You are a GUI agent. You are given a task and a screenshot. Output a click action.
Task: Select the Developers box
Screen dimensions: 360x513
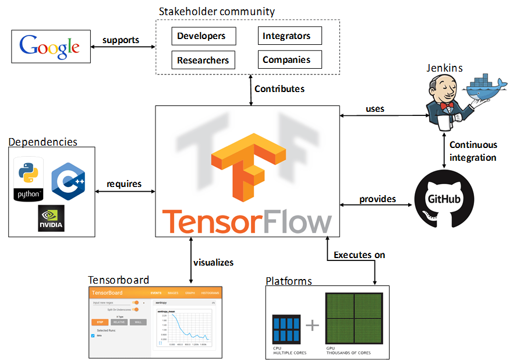click(204, 36)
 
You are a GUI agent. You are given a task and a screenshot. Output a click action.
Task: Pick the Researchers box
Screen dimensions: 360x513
click(204, 59)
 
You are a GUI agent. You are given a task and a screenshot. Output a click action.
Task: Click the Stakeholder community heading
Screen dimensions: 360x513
click(217, 12)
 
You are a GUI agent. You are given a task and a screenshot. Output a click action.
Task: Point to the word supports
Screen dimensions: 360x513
click(121, 40)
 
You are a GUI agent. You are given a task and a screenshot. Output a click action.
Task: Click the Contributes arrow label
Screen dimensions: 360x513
click(280, 89)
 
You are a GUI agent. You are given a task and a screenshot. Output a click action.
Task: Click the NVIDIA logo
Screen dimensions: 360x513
click(51, 218)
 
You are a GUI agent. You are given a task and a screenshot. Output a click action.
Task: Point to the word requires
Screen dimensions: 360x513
click(124, 184)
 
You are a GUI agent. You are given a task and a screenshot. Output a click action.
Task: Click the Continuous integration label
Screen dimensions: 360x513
click(473, 151)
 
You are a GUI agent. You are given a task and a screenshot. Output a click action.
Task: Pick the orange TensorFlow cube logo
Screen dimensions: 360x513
click(248, 167)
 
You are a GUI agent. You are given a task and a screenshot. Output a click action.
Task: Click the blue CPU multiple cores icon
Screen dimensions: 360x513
click(286, 329)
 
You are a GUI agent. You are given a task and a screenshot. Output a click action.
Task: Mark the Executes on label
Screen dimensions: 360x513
click(359, 255)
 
